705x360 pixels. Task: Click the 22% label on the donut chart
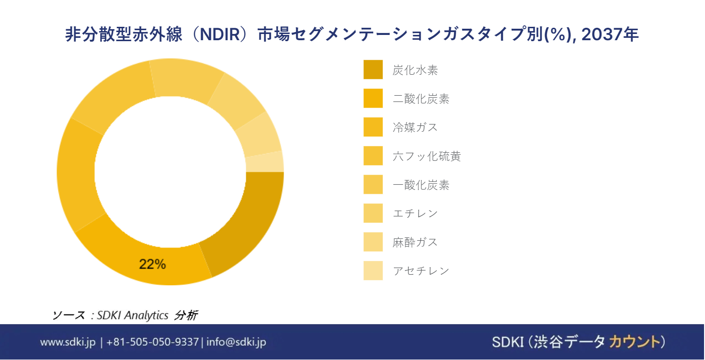click(152, 264)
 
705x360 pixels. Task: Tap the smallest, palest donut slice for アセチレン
click(265, 162)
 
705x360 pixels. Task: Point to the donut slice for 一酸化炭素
click(186, 78)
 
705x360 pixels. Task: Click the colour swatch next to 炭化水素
click(373, 69)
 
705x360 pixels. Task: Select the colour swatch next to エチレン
click(373, 213)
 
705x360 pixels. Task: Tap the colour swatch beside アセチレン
click(373, 270)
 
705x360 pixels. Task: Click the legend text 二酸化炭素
click(421, 99)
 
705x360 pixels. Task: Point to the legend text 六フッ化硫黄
click(426, 156)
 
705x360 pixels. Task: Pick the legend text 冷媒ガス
click(415, 127)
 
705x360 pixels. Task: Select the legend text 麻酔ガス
click(415, 242)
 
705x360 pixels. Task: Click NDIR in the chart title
click(220, 34)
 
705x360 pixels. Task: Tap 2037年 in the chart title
click(610, 34)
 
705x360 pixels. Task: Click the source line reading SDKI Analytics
click(133, 315)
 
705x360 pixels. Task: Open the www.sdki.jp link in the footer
click(68, 342)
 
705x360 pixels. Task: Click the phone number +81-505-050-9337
click(153, 342)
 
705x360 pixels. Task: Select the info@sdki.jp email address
click(236, 342)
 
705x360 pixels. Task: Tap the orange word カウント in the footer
click(635, 342)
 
